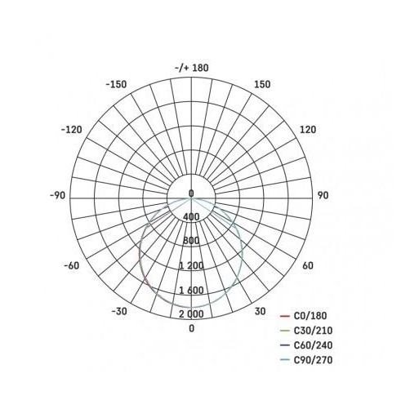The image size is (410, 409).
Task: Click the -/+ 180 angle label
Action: (x=192, y=68)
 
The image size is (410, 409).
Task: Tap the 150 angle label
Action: (x=262, y=84)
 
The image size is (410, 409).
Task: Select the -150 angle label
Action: (x=116, y=84)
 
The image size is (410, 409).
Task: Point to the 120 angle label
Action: (x=308, y=130)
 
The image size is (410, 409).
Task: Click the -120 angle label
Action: (x=71, y=130)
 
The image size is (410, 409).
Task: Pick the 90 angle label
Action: (x=323, y=195)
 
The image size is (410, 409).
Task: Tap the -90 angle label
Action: (x=58, y=195)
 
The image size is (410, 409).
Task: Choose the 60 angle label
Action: (x=308, y=265)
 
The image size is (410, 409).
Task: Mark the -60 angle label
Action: (x=72, y=265)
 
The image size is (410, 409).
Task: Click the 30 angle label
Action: (x=260, y=311)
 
